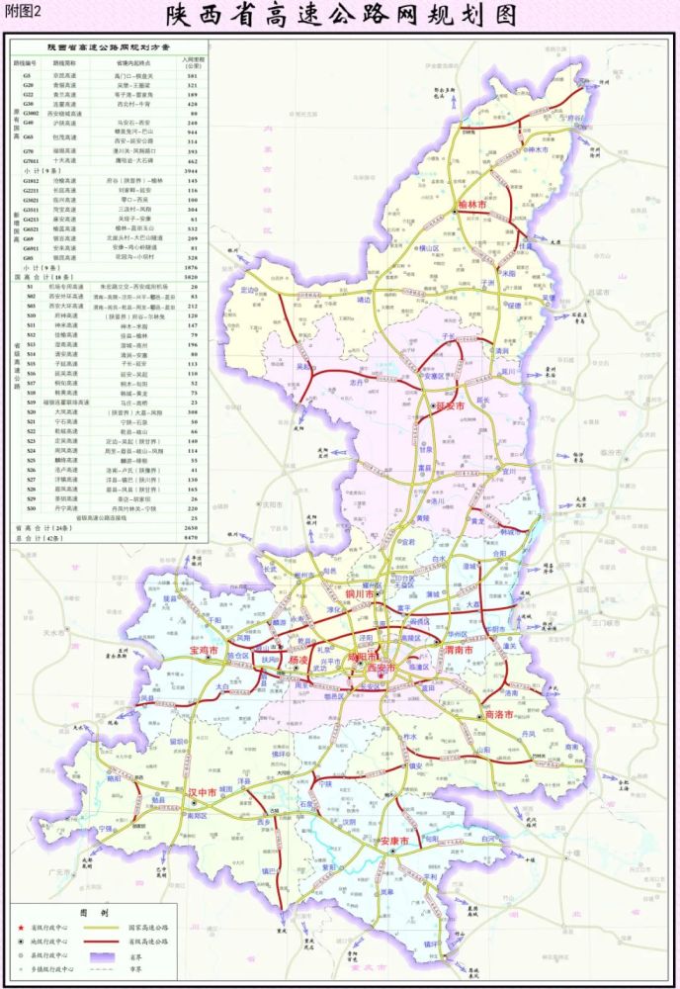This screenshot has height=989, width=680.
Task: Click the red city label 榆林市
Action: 477,205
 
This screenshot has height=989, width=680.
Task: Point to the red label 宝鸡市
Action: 206,652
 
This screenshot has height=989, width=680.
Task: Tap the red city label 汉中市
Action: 205,792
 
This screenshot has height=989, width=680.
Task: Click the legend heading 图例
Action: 94,913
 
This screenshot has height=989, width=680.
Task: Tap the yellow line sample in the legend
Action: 100,928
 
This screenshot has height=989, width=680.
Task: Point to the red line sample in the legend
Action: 100,942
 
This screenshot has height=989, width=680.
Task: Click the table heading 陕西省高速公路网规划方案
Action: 109,46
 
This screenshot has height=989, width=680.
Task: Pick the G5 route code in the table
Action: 29,75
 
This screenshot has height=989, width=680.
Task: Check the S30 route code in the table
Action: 31,315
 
